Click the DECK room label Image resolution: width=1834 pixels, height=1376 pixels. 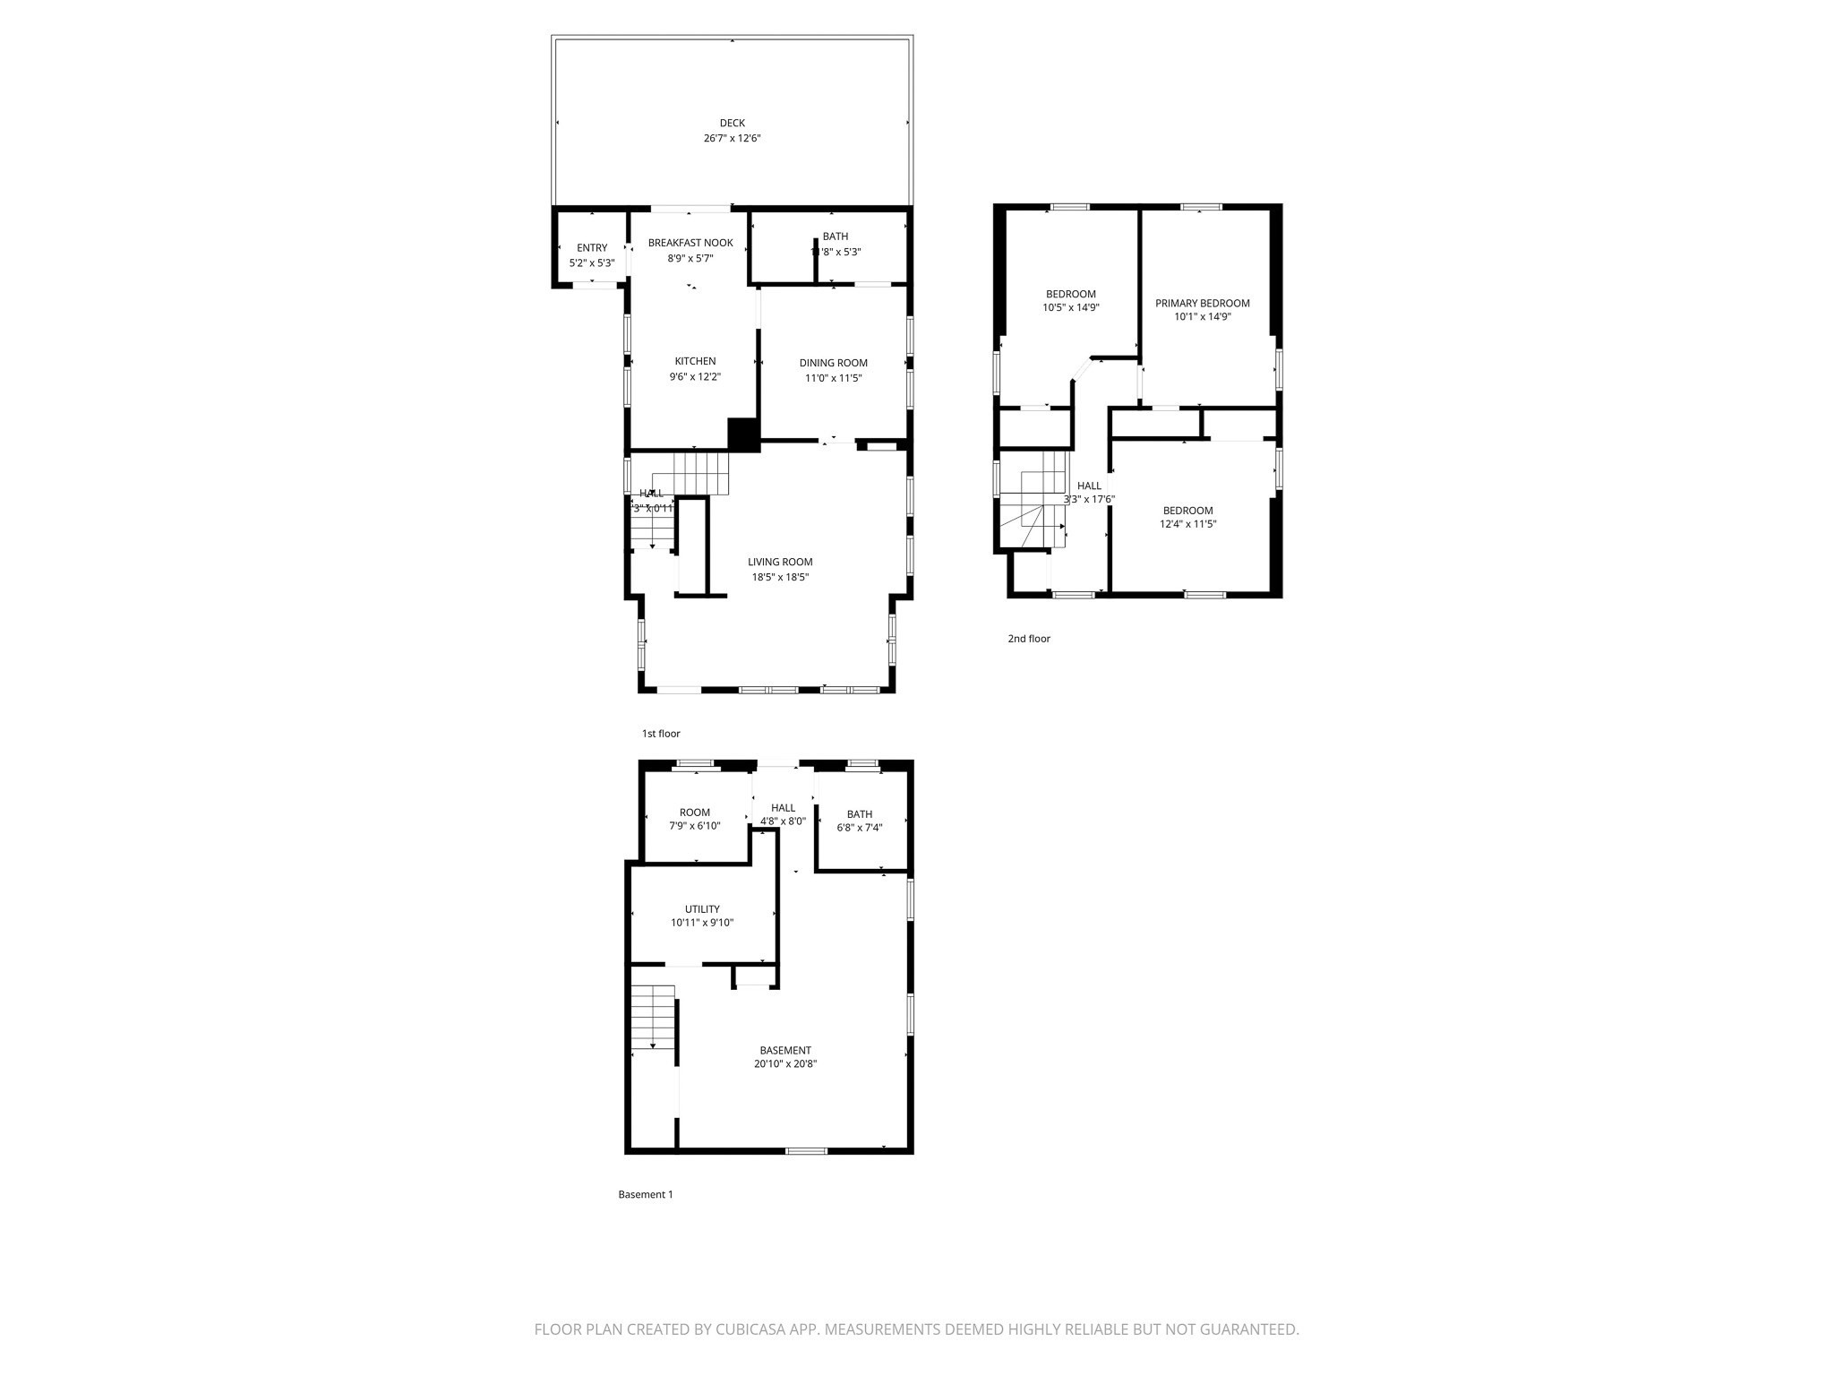pos(732,124)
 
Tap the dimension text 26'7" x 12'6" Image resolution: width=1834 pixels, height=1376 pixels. pos(732,139)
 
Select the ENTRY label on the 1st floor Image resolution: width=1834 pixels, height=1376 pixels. pos(592,248)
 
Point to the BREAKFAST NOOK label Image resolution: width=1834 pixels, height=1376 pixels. pos(690,243)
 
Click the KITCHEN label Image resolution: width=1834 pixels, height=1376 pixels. pos(695,362)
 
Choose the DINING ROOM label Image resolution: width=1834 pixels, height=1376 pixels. pos(833,363)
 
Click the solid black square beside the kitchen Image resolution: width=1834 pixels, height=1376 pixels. pos(742,434)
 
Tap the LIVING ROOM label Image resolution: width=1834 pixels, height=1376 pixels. pos(780,563)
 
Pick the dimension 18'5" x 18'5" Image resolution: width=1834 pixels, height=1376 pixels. pos(780,578)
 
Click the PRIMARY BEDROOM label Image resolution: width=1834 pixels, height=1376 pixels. pos(1202,304)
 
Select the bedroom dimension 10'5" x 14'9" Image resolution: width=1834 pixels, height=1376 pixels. pos(1070,308)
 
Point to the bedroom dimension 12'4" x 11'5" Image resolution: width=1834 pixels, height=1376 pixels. pos(1187,525)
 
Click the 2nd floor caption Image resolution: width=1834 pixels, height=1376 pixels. pos(1029,639)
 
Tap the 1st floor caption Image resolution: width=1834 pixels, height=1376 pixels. pos(661,734)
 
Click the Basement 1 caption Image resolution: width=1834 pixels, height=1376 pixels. pos(645,1194)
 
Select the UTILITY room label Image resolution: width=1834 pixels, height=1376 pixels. pos(702,909)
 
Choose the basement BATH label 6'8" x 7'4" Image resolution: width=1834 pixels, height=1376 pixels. pos(859,814)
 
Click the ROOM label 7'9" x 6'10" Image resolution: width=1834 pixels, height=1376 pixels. pos(694,813)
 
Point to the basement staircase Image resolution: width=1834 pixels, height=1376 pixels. pos(653,1017)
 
